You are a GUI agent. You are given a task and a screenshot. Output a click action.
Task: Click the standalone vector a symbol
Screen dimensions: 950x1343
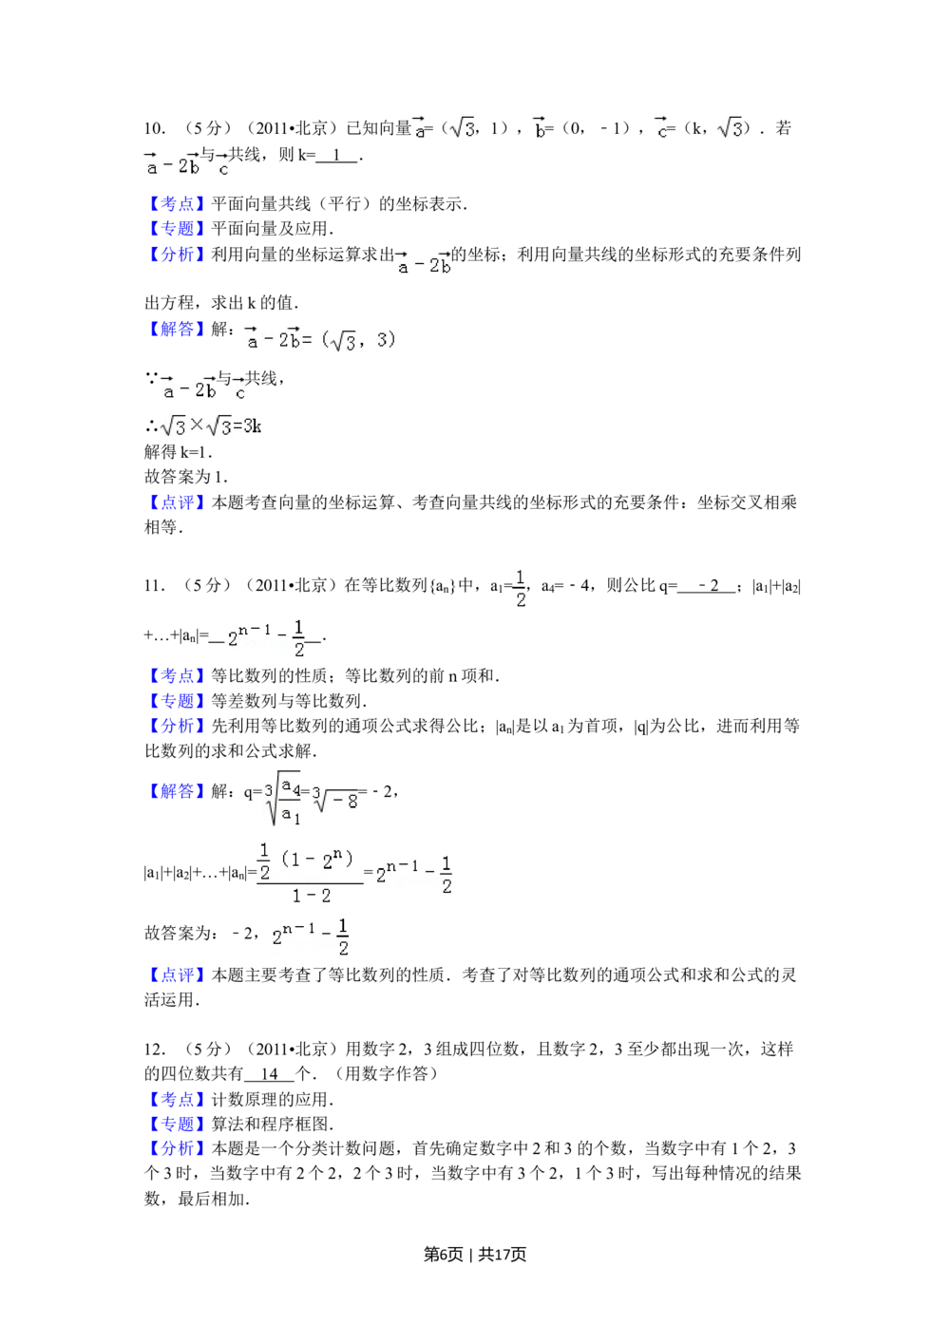tap(418, 129)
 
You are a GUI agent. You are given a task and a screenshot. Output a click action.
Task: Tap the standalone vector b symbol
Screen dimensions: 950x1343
tap(540, 129)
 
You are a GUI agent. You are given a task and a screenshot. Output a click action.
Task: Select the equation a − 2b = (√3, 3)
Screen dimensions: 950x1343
tap(326, 338)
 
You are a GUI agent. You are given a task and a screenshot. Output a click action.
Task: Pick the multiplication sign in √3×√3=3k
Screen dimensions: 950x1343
tap(197, 425)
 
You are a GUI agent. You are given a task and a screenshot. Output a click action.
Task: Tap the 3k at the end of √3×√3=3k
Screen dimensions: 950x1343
tap(253, 426)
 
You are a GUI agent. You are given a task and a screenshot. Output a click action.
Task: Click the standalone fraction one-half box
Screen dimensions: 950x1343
tap(520, 589)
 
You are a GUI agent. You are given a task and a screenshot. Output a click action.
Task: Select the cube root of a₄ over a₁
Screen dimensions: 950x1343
tap(281, 798)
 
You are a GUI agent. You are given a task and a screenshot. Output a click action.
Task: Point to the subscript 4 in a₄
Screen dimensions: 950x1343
tap(296, 790)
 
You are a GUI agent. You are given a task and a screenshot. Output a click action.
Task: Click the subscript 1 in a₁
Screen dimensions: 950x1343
tap(296, 818)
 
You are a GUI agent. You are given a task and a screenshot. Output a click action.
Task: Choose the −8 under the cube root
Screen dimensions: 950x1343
tap(347, 803)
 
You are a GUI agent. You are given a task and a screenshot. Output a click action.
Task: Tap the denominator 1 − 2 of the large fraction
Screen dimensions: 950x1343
tap(312, 896)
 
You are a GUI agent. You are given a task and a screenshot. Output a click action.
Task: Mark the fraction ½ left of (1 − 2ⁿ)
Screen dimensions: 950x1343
tap(264, 861)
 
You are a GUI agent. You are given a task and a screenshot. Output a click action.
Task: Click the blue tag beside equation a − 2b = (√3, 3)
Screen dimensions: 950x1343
tap(176, 330)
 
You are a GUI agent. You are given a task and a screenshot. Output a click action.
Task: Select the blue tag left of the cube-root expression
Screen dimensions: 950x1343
tap(176, 792)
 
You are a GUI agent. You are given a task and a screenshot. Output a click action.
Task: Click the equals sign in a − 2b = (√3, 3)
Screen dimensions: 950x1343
tap(307, 339)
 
